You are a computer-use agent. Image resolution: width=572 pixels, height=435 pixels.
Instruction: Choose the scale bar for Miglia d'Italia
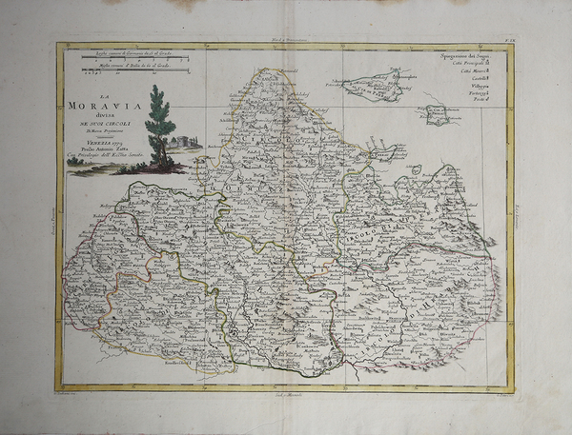130,70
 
